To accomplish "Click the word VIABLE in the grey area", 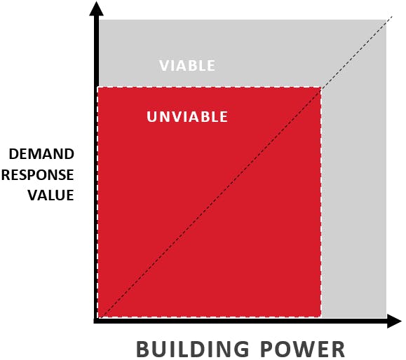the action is [187, 65].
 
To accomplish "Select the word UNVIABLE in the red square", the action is [187, 117].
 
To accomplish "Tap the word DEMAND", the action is [41, 154].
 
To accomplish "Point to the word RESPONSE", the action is [38, 175].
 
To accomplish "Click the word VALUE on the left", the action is [51, 195].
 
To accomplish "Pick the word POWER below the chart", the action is [302, 349].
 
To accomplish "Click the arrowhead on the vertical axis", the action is [96, 8].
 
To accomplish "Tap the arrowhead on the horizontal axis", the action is [394, 321].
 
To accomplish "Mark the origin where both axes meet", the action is [96, 321].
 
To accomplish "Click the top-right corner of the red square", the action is [321, 87].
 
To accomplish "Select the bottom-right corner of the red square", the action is [321, 317].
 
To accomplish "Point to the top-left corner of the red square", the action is [98, 87].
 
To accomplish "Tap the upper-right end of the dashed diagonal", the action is [393, 16].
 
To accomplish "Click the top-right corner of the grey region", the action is [386, 20].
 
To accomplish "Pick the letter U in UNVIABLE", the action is [151, 117].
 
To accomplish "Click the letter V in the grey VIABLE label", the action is [164, 65].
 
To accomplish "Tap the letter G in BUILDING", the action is [241, 349].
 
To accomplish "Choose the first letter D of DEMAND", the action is [13, 154].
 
